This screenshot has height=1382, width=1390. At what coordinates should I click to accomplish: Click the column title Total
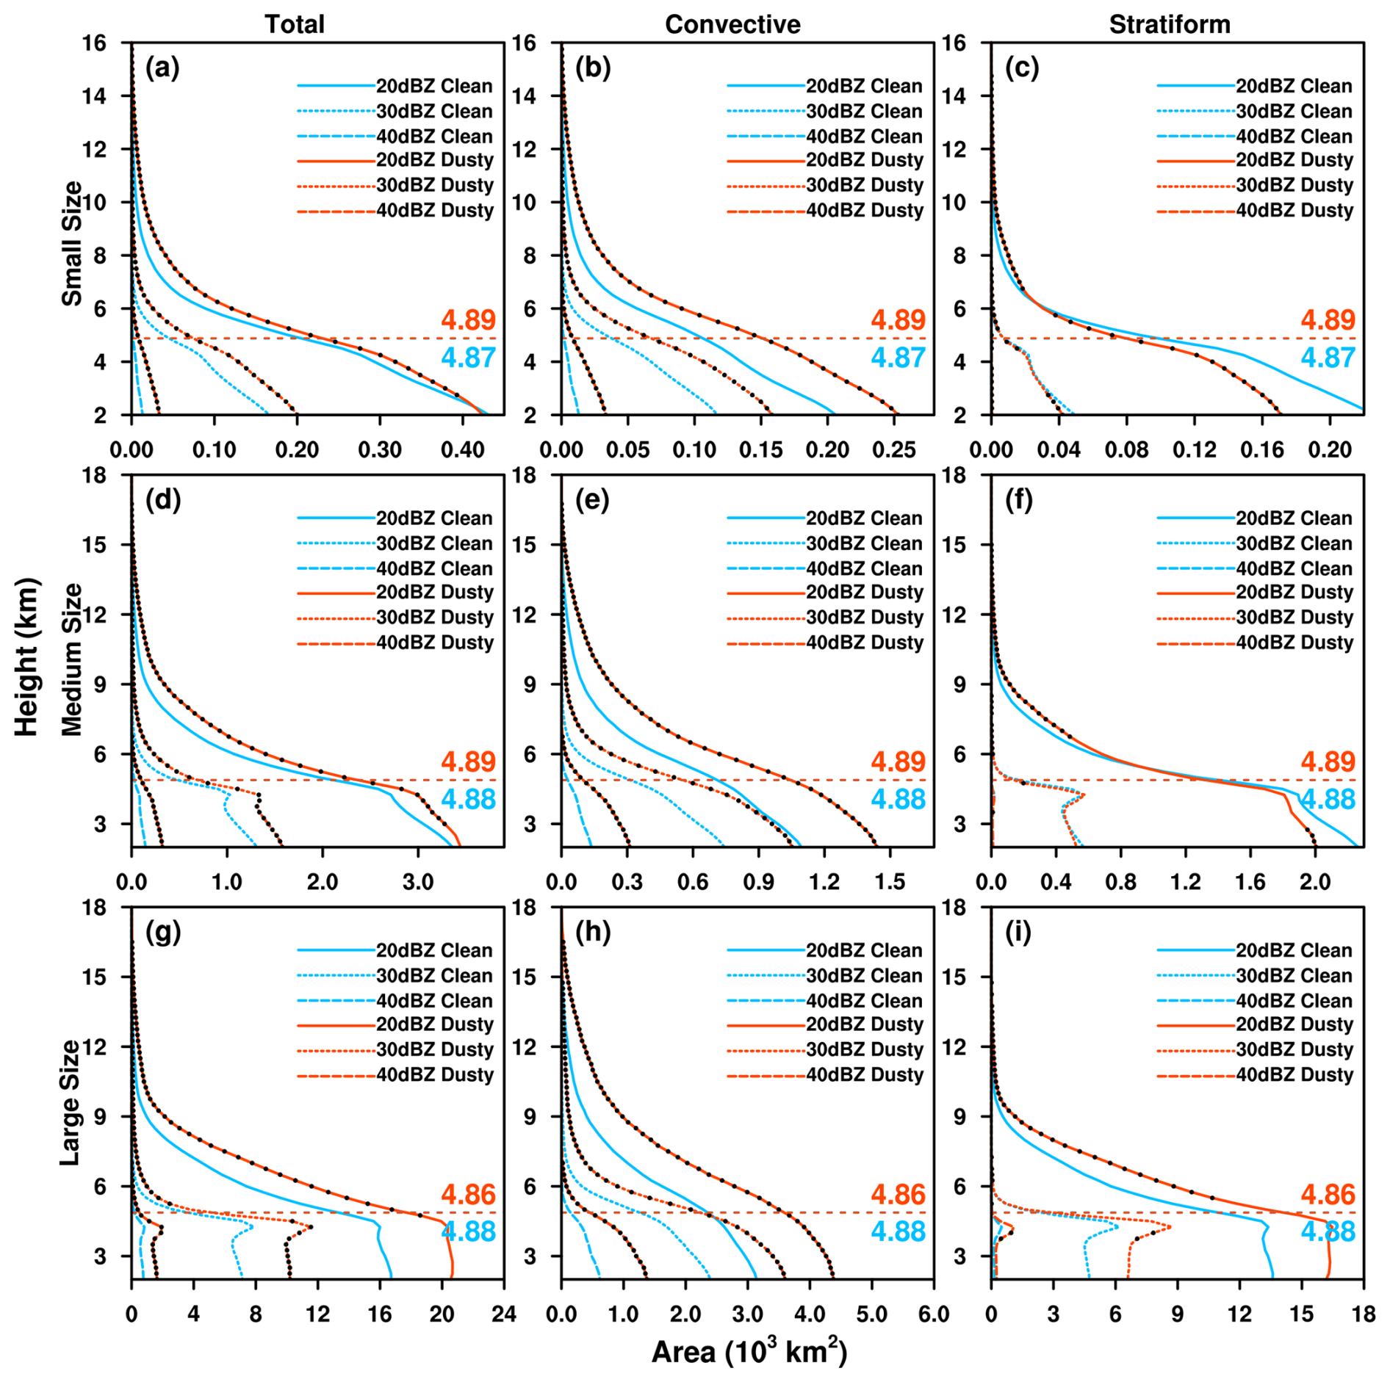[295, 24]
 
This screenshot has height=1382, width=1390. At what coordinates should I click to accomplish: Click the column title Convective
[732, 24]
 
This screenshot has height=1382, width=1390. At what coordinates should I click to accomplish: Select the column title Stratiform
[1170, 24]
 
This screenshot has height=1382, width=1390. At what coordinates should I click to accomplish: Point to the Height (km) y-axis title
[27, 657]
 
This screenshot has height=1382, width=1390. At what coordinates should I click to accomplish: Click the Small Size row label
[72, 243]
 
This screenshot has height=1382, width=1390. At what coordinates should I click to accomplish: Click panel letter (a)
[162, 68]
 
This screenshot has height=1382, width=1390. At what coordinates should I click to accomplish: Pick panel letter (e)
[593, 500]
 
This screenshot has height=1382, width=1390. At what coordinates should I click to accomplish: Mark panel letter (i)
[1018, 933]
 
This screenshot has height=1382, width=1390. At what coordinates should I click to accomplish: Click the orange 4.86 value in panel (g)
[469, 1195]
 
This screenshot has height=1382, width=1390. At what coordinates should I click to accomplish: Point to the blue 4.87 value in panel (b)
[899, 358]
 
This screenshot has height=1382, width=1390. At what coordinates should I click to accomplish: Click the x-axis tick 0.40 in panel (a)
[463, 449]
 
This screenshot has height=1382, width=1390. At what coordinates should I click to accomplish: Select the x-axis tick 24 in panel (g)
[504, 1314]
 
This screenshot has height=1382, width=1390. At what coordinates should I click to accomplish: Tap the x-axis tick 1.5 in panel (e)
[890, 881]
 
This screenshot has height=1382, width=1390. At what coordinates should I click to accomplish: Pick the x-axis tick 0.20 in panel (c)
[1329, 449]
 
